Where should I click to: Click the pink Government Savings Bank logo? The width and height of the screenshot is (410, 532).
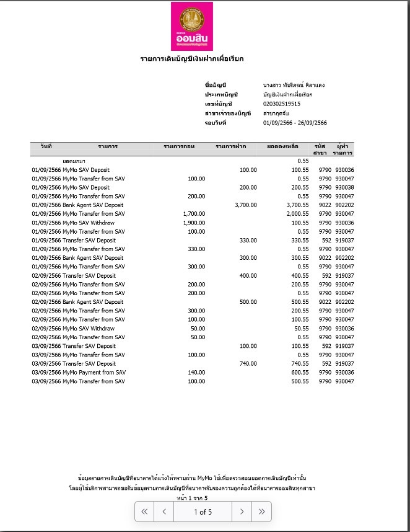[192, 26]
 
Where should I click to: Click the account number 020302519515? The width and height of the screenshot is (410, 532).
[282, 104]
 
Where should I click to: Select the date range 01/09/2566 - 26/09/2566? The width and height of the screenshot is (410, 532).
[295, 123]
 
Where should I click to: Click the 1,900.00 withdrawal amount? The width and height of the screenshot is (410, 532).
[194, 223]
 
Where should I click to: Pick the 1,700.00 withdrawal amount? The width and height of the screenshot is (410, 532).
[194, 214]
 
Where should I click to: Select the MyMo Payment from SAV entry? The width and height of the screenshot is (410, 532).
[94, 373]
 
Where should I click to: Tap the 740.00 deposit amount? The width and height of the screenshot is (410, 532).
[247, 364]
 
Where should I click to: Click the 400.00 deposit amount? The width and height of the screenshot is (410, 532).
[247, 276]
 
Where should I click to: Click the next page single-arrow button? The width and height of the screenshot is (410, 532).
[242, 512]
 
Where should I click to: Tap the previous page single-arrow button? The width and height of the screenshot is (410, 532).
[164, 512]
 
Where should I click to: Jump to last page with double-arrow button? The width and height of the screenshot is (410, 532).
[262, 512]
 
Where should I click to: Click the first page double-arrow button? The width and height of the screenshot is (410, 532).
[144, 512]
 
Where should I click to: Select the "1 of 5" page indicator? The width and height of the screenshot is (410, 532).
[203, 512]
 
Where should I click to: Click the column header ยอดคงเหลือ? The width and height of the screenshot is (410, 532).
[282, 147]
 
